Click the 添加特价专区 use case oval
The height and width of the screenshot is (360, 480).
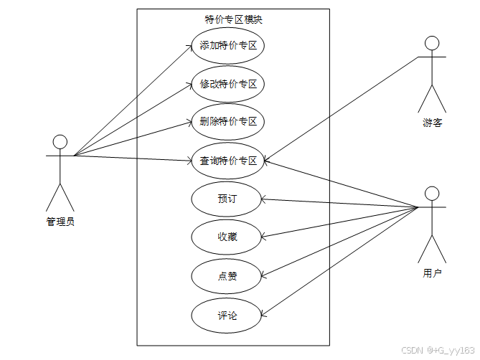coord(228,47)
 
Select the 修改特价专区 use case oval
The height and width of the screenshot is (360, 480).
coord(228,85)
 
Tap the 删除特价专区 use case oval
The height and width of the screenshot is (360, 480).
coord(228,121)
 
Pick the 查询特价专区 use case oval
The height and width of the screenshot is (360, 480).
coord(228,161)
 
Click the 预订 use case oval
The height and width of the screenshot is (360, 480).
coord(227,199)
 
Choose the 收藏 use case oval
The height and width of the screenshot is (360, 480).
coord(227,237)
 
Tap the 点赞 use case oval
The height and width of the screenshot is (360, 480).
coord(227,276)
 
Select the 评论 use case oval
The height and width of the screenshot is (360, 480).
coord(227,315)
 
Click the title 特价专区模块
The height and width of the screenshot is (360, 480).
coord(233,19)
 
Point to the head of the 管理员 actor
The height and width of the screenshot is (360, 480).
coord(60,141)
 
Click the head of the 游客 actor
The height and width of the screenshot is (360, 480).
coord(431,43)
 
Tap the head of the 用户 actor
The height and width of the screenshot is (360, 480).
coord(431,194)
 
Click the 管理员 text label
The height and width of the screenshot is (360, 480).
coord(60,222)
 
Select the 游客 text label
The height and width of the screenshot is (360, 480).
coord(432,123)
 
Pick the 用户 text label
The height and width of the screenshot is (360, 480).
coord(432,273)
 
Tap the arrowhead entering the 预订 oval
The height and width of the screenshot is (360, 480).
coord(266,198)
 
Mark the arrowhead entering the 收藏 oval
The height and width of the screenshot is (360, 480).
coord(265,235)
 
